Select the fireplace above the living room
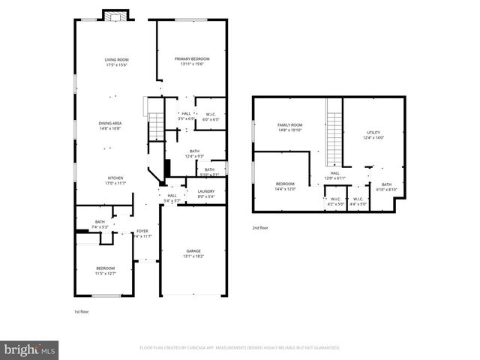pyautogui.click(x=116, y=17)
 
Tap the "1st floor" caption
pyautogui.click(x=81, y=310)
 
